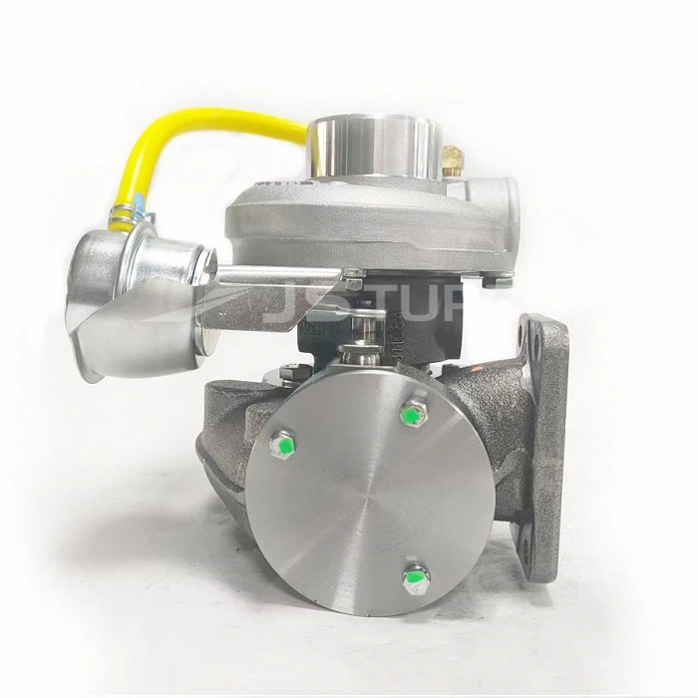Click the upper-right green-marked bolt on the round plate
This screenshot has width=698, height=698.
point(410,414)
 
